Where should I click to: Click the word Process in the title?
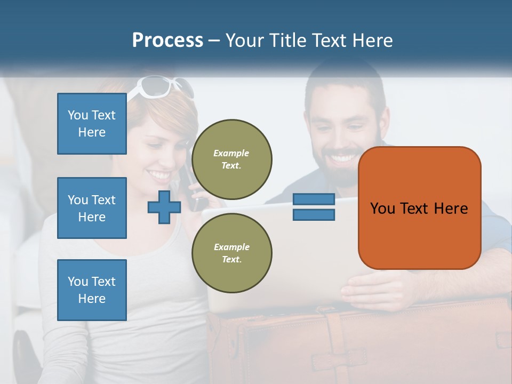[x=167, y=41]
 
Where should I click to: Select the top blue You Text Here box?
[x=92, y=124]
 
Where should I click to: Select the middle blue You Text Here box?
[x=92, y=208]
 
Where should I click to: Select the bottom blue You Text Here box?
[x=92, y=290]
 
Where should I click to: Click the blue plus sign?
[x=164, y=207]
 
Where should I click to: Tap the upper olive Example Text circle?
[x=231, y=159]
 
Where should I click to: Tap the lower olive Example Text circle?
[x=231, y=253]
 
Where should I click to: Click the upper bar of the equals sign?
[x=314, y=199]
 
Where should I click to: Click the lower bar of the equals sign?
[x=314, y=215]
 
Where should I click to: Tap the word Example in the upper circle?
[x=231, y=153]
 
